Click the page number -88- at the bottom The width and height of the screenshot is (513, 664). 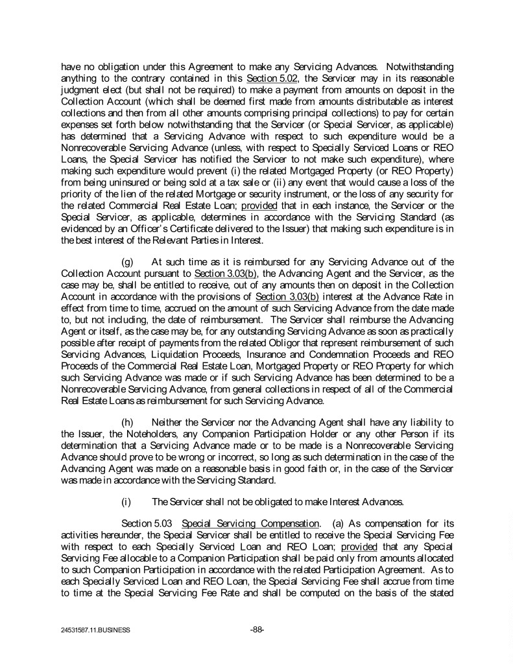pos(256,629)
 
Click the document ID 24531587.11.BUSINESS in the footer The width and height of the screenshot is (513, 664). pos(96,630)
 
